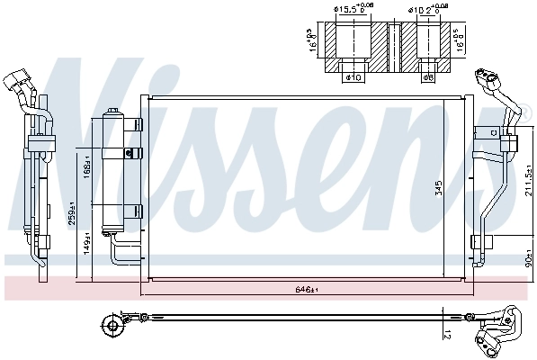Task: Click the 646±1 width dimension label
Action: click(x=307, y=290)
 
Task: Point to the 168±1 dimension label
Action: click(x=87, y=167)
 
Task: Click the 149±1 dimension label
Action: click(x=86, y=243)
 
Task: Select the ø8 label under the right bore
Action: click(x=428, y=77)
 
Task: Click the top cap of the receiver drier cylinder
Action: click(x=115, y=113)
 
